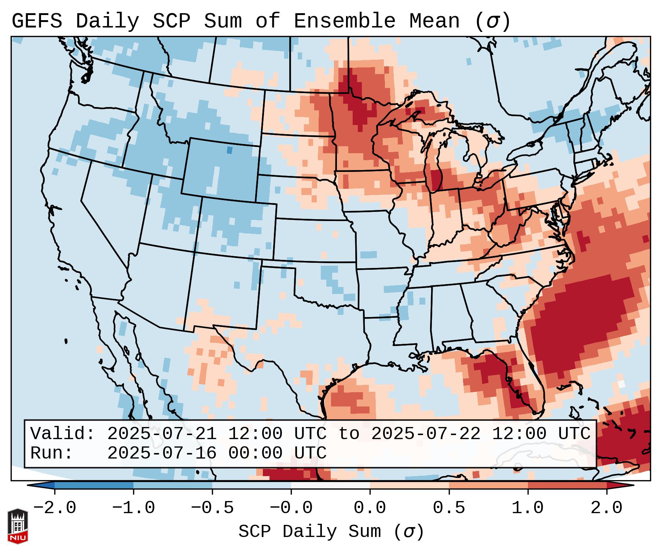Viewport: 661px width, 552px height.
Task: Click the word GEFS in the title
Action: (x=37, y=21)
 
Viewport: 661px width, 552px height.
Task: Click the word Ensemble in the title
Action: (x=344, y=21)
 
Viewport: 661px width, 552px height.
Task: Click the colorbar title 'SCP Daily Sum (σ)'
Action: (x=331, y=532)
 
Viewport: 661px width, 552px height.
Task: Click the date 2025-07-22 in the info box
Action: (x=426, y=434)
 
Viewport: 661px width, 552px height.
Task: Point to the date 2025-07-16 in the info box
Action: (x=162, y=453)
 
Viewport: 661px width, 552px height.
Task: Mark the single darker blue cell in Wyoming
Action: (x=229, y=150)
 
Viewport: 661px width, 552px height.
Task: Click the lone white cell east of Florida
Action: (x=621, y=384)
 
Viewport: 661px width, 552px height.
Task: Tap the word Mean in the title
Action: (x=434, y=21)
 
